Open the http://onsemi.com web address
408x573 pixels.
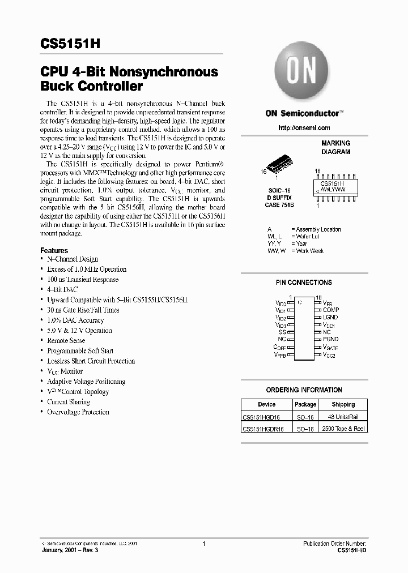(x=304, y=128)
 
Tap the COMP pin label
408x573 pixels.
(x=330, y=310)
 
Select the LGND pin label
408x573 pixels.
(x=330, y=318)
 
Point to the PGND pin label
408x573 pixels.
(x=330, y=340)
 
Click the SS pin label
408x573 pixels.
(x=282, y=332)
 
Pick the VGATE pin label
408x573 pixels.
(x=330, y=347)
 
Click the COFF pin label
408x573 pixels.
(x=279, y=347)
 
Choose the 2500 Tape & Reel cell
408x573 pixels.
(x=343, y=429)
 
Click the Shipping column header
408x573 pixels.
(x=343, y=404)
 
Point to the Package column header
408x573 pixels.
(x=305, y=404)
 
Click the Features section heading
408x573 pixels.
(x=54, y=250)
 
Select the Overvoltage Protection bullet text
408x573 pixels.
(x=78, y=412)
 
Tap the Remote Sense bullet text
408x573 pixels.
(x=66, y=341)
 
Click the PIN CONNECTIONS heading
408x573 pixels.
(x=304, y=282)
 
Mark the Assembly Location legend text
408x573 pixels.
(x=318, y=229)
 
